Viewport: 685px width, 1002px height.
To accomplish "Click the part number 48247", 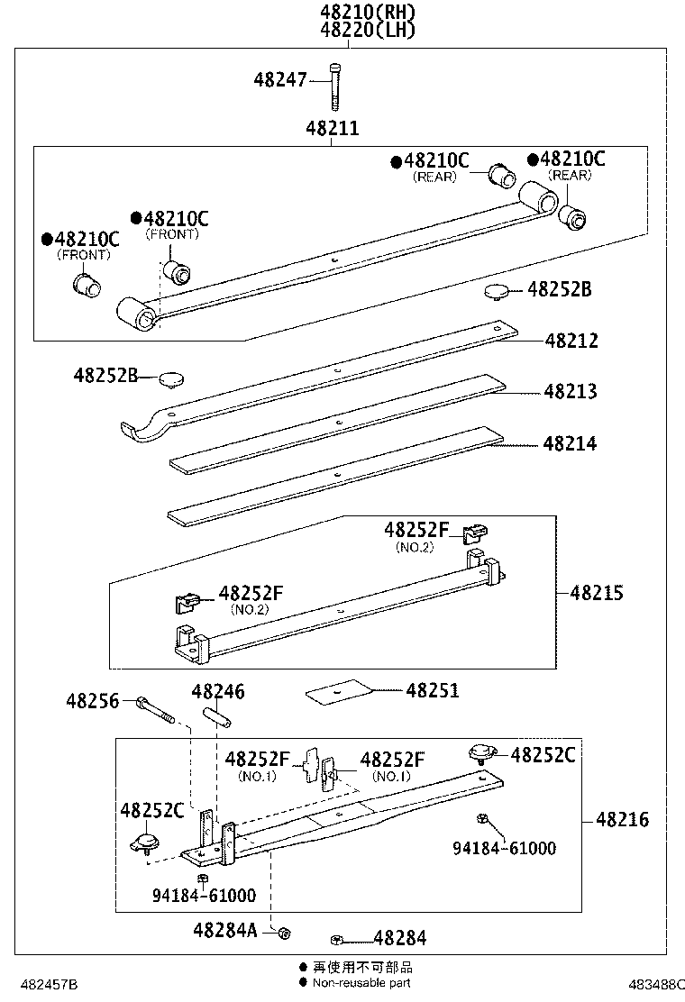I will pyautogui.click(x=281, y=80).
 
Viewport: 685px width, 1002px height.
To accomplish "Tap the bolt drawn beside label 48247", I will pyautogui.click(x=335, y=86).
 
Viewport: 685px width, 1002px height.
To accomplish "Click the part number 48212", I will pyautogui.click(x=571, y=342).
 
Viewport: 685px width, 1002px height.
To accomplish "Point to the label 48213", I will pyautogui.click(x=571, y=392).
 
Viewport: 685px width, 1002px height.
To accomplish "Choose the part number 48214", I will pyautogui.click(x=571, y=444).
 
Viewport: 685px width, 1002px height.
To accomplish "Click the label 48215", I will pyautogui.click(x=596, y=593).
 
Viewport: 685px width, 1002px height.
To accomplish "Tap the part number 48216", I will pyautogui.click(x=621, y=820).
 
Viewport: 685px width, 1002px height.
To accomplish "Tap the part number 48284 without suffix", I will pyautogui.click(x=399, y=938).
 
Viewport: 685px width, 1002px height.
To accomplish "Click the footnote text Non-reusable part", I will pyautogui.click(x=361, y=983).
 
